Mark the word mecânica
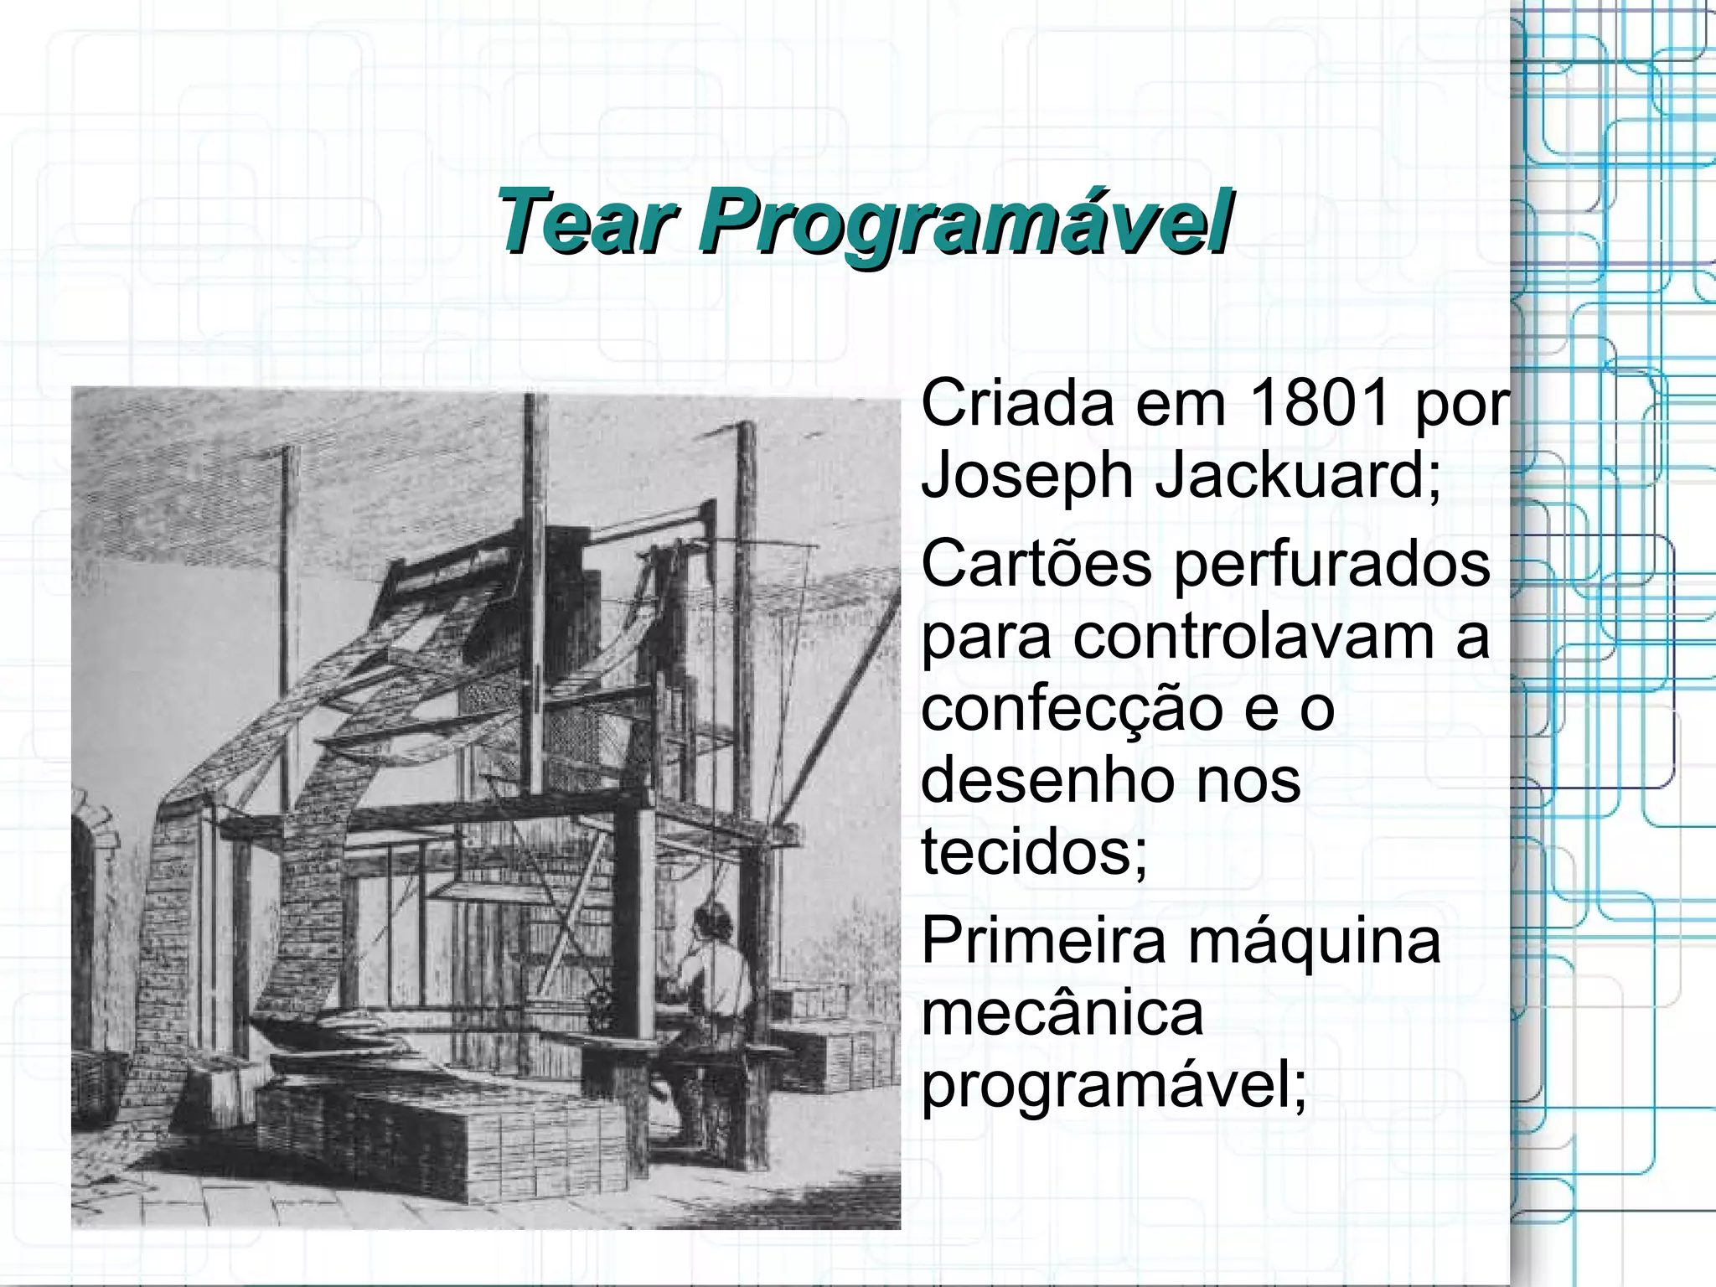point(1062,1012)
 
